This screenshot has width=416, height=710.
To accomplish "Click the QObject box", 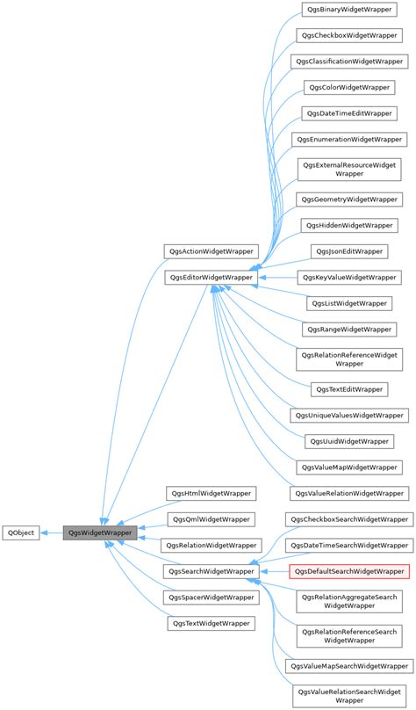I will coord(21,532).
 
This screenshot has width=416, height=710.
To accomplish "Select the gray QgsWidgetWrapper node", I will coord(100,532).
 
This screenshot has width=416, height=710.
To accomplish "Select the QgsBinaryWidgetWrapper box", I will coord(349,11).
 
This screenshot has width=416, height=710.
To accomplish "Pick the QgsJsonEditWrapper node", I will coord(349,251).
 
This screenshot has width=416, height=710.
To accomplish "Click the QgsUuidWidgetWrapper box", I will coord(349,440).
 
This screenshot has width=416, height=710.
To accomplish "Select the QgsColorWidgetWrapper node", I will coord(349,88).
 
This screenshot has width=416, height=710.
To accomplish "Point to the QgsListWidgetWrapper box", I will coord(349,302).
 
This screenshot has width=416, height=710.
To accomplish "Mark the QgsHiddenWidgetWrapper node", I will coord(349,226).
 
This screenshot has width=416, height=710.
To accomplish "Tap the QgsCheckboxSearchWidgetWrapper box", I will coord(349,519).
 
